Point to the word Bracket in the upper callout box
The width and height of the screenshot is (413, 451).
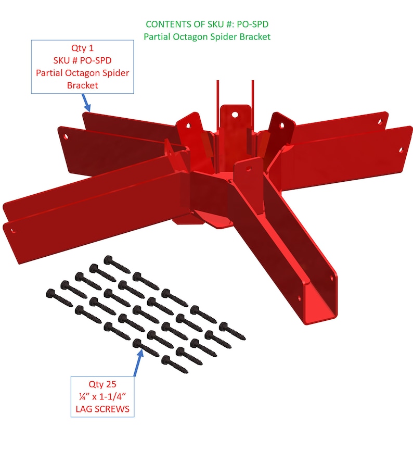click(x=82, y=85)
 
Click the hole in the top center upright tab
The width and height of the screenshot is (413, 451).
click(x=235, y=112)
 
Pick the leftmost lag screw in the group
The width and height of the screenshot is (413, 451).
click(x=57, y=296)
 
